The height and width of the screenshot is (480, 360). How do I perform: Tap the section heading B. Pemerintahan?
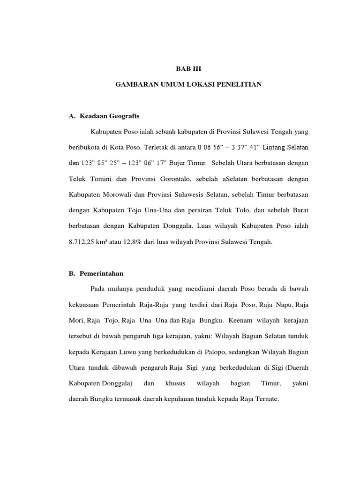pos(96,273)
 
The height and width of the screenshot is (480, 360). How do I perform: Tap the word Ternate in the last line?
pos(266,400)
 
